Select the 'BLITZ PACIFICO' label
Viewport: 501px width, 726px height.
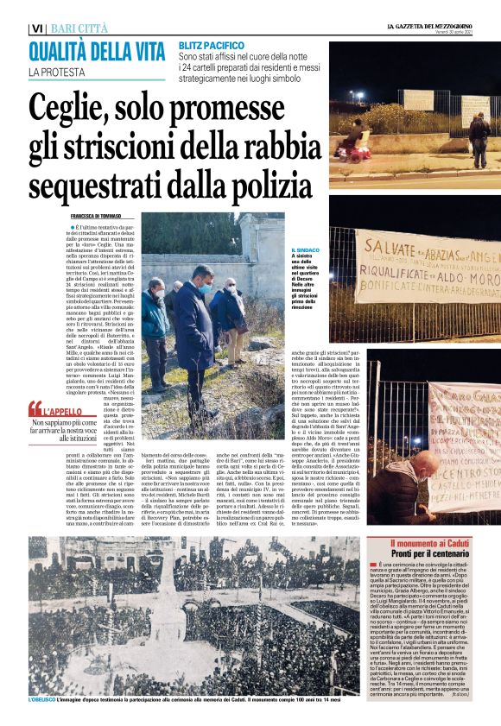click(212, 44)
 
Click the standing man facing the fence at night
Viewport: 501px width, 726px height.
click(479, 138)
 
